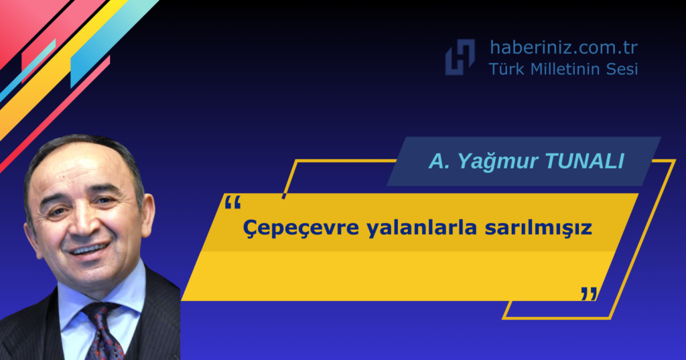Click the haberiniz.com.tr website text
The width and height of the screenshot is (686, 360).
(563, 48)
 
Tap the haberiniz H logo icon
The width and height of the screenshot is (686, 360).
(460, 57)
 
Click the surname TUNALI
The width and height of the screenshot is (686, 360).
(584, 161)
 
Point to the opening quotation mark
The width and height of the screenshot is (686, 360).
(232, 202)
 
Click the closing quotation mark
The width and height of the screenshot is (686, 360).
(589, 294)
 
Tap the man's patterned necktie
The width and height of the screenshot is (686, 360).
(103, 330)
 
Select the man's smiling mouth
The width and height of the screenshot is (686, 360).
(90, 249)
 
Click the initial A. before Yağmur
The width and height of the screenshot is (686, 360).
(439, 161)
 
